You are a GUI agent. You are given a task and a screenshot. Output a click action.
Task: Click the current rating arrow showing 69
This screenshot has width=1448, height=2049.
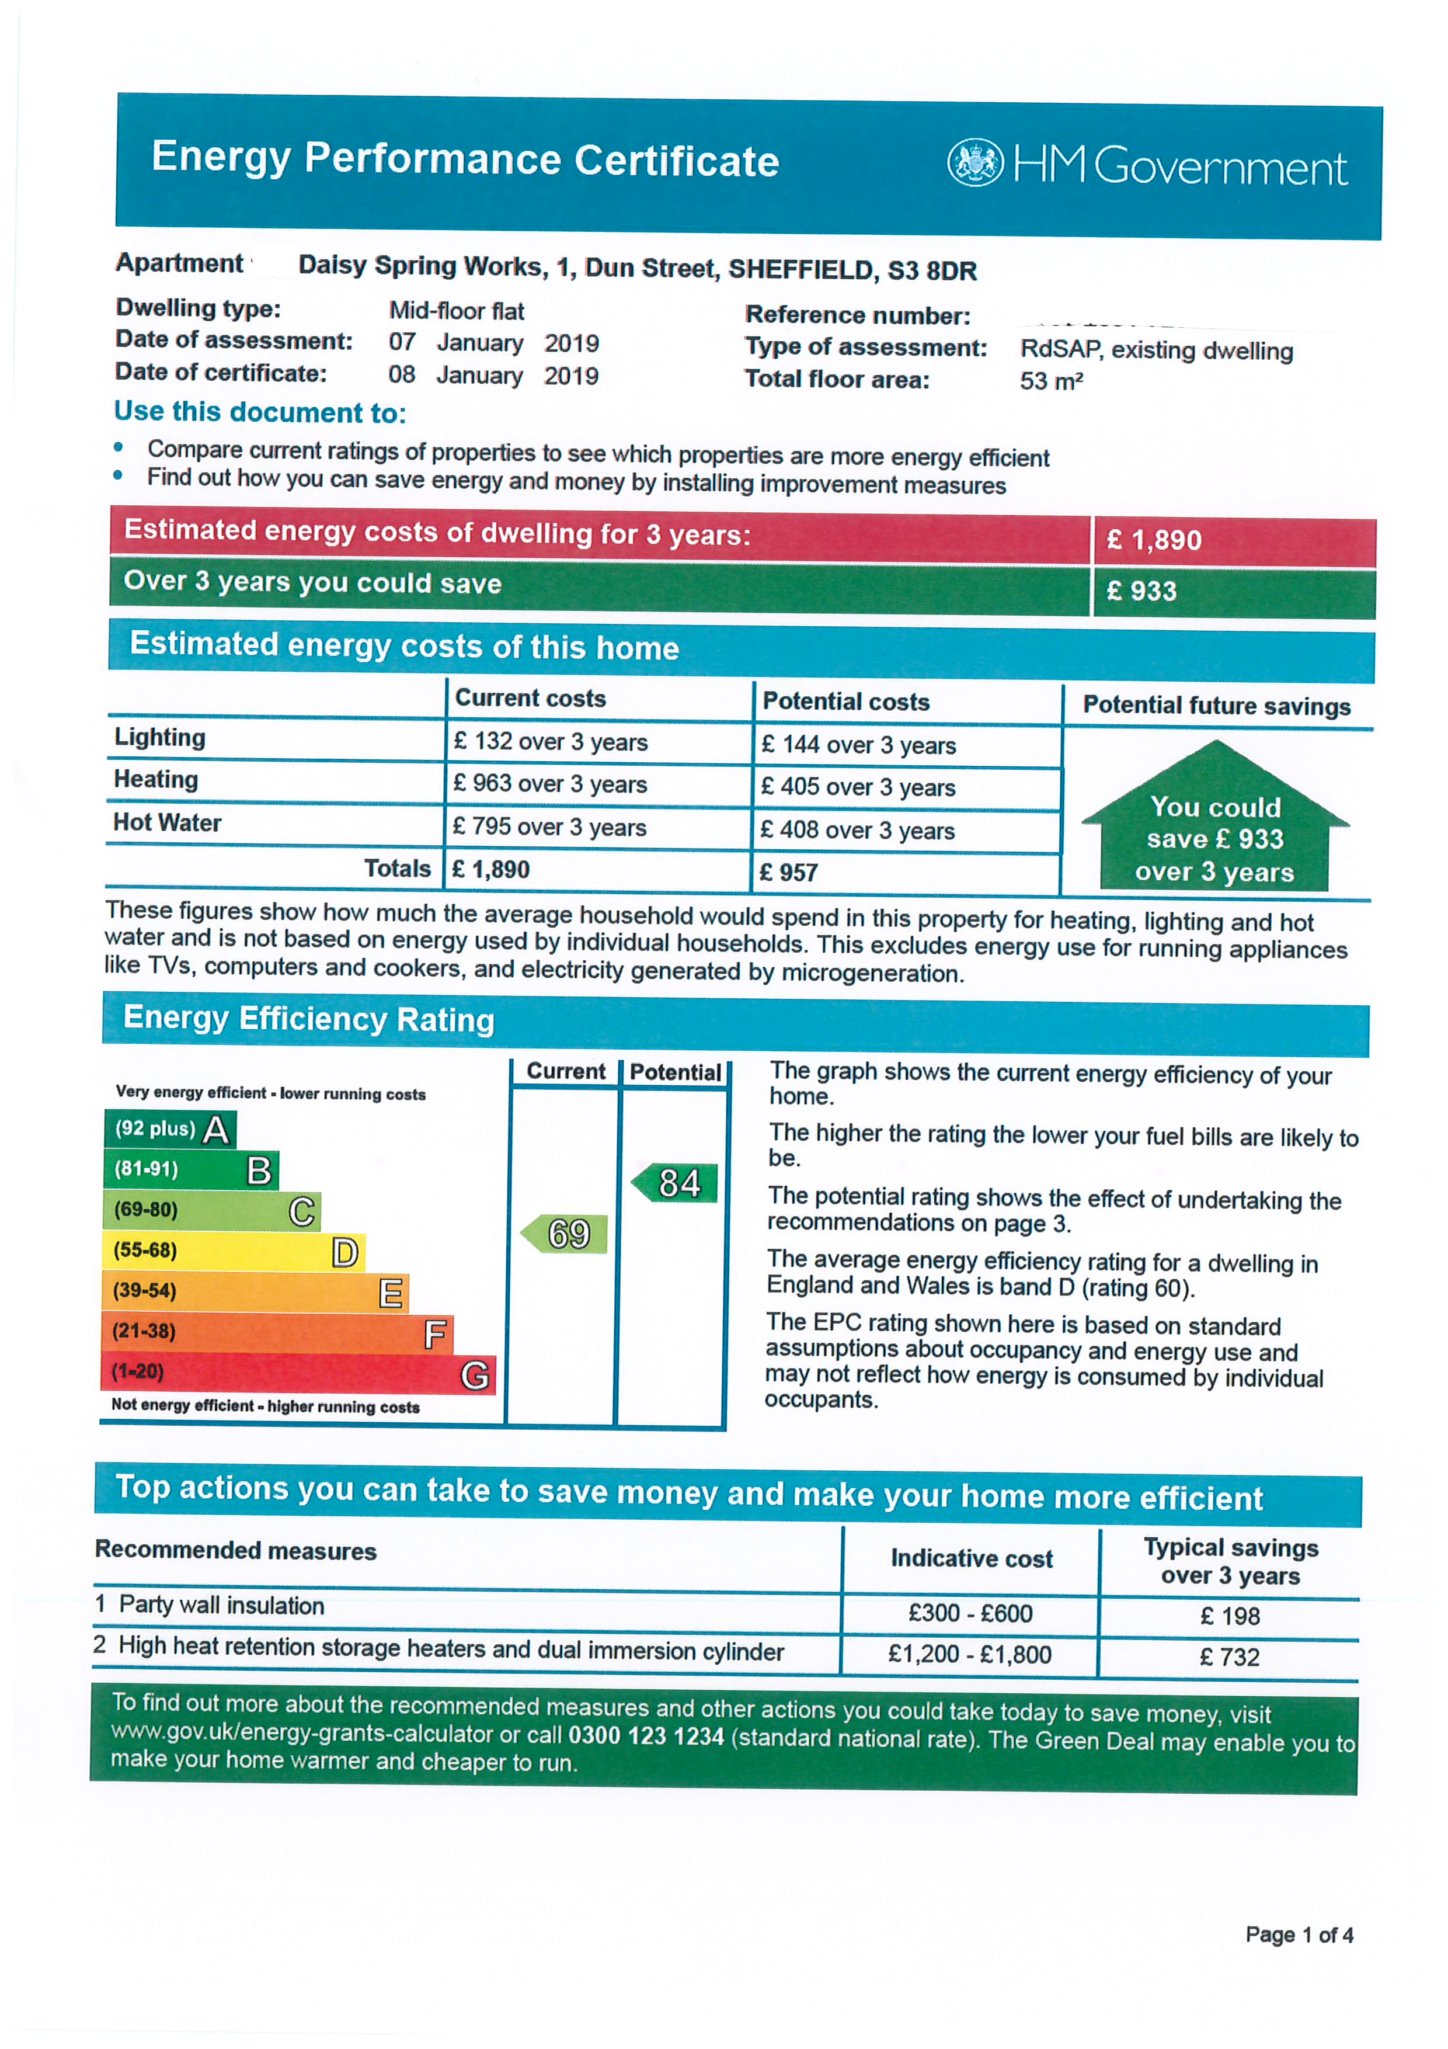566,1234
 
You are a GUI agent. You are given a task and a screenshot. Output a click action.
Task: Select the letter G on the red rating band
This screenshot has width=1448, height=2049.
475,1374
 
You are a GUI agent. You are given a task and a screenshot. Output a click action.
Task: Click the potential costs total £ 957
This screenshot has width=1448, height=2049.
789,872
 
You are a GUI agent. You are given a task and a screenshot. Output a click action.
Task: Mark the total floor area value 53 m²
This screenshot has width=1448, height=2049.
1051,381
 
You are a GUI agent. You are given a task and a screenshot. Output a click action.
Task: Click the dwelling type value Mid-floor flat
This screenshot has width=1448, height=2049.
456,311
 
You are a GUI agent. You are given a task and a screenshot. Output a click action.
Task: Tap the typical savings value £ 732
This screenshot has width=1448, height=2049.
1230,1657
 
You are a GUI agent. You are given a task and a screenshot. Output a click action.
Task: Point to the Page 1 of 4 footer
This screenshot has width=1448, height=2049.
1299,1935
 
